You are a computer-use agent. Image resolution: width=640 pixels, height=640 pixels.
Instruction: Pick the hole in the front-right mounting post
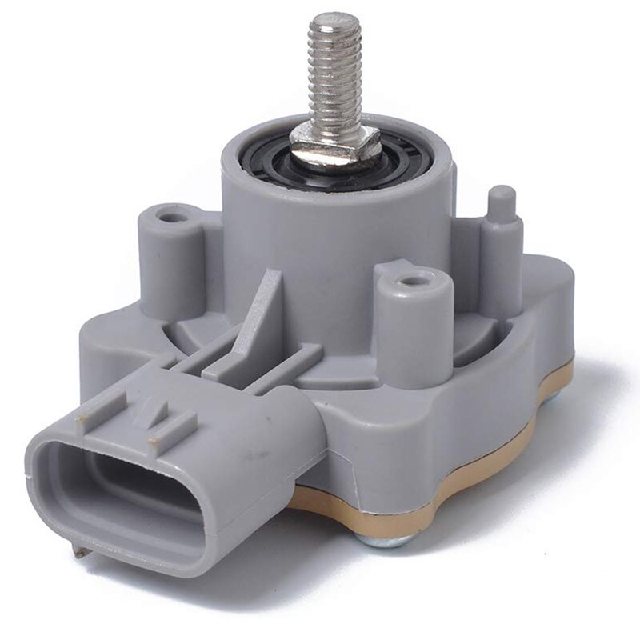click(x=410, y=281)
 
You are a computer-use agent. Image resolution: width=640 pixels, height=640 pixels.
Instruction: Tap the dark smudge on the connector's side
click(x=254, y=457)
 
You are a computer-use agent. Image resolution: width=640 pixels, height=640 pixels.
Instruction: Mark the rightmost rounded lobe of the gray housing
click(x=552, y=304)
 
